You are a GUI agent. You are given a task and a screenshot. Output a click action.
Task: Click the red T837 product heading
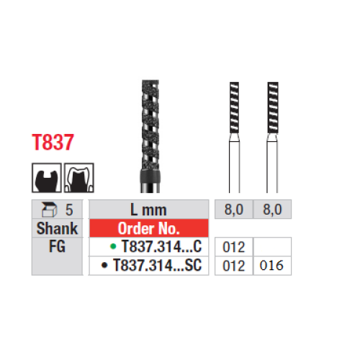pyautogui.click(x=53, y=143)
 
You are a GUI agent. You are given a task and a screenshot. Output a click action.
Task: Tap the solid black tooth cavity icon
pyautogui.click(x=47, y=178)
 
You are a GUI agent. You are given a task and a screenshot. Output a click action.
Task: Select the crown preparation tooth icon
pyautogui.click(x=79, y=178)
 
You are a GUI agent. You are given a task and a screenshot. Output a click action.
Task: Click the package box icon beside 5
pyautogui.click(x=49, y=210)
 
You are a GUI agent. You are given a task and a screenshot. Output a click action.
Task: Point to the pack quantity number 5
pyautogui.click(x=69, y=210)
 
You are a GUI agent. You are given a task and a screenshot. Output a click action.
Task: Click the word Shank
pyautogui.click(x=57, y=228)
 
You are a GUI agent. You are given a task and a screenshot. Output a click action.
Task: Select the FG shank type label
pyautogui.click(x=57, y=246)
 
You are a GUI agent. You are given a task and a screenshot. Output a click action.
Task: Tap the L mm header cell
pyautogui.click(x=148, y=210)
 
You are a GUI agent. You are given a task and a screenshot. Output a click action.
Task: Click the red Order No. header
pyautogui.click(x=149, y=228)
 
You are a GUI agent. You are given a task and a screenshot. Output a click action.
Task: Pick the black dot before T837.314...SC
pyautogui.click(x=104, y=265)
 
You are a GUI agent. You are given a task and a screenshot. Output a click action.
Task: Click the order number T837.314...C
pyautogui.click(x=161, y=246)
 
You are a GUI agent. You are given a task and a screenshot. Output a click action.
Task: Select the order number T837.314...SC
pyautogui.click(x=157, y=265)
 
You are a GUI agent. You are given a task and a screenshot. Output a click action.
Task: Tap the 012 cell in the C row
pyautogui.click(x=234, y=247)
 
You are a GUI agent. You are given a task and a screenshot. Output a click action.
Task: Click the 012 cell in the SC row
pyautogui.click(x=234, y=266)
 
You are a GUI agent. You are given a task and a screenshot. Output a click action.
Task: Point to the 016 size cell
pyautogui.click(x=272, y=266)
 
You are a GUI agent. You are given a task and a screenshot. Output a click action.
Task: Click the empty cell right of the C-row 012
pyautogui.click(x=272, y=247)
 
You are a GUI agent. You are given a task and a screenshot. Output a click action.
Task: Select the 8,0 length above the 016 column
pyautogui.click(x=272, y=210)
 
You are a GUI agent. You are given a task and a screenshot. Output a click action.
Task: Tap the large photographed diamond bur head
pyautogui.click(x=150, y=125)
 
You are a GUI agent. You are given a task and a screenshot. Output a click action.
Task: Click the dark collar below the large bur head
pyautogui.click(x=150, y=177)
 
